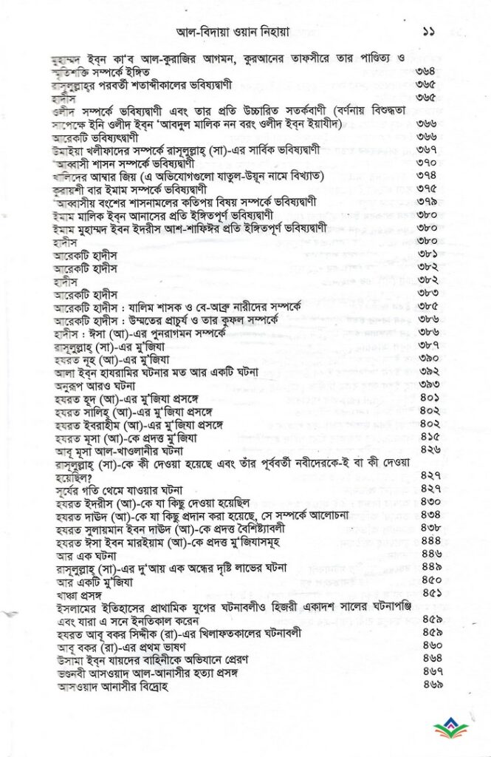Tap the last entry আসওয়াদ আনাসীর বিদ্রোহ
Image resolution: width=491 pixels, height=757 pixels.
(114, 685)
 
